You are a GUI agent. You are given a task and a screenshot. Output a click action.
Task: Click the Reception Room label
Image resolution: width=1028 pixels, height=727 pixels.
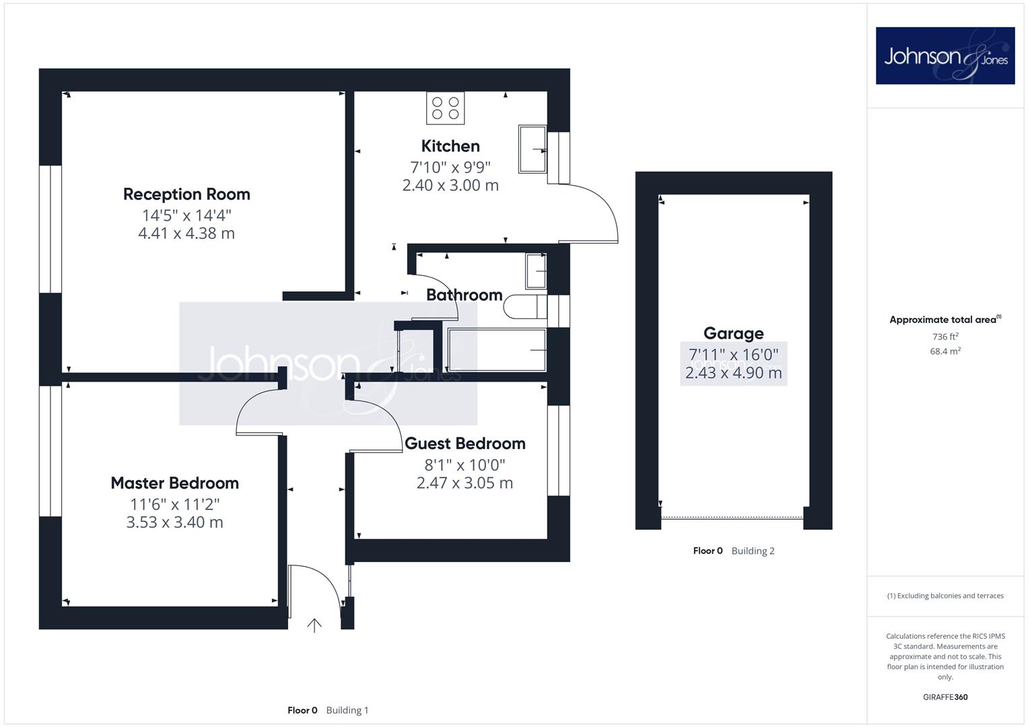186,194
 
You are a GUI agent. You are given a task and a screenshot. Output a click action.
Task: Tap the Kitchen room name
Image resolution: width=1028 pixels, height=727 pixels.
450,146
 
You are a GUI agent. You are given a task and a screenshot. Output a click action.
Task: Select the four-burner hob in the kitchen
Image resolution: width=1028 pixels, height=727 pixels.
445,108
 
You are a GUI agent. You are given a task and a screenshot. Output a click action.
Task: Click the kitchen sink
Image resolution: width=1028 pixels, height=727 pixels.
533,149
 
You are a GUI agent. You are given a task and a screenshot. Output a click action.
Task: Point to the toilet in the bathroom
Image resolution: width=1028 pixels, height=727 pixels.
525,306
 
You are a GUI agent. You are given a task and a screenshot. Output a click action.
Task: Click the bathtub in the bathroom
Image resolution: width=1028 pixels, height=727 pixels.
497,350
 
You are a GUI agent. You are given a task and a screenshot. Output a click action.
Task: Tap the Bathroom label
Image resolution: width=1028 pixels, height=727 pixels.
464,295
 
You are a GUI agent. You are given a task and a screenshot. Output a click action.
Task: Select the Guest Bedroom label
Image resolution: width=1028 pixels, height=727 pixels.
465,444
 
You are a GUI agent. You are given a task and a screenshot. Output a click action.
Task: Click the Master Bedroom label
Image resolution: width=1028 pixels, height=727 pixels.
175,483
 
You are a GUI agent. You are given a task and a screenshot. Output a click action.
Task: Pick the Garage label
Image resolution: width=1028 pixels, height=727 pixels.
733,333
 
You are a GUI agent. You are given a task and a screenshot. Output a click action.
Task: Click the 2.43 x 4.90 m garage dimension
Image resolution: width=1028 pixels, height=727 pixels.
733,373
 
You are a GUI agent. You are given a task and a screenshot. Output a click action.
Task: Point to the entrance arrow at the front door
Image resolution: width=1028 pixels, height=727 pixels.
314,625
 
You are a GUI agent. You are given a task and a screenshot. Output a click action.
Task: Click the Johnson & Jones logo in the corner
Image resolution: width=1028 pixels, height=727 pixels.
945,55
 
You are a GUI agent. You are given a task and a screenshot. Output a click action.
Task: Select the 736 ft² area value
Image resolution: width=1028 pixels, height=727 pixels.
945,337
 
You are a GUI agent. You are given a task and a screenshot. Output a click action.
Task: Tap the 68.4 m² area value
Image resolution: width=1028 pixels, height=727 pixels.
945,351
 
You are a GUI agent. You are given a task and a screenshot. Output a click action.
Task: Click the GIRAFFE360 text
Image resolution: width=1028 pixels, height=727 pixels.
945,697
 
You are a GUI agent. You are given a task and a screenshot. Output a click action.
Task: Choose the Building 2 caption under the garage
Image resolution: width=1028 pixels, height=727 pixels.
753,551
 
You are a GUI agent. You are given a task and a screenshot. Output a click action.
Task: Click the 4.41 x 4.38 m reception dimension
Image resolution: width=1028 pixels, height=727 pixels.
186,233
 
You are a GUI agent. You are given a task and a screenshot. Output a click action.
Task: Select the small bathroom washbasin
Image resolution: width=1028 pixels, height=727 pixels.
536,271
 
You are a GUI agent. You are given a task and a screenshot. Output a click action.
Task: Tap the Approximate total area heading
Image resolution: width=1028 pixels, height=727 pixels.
945,320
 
